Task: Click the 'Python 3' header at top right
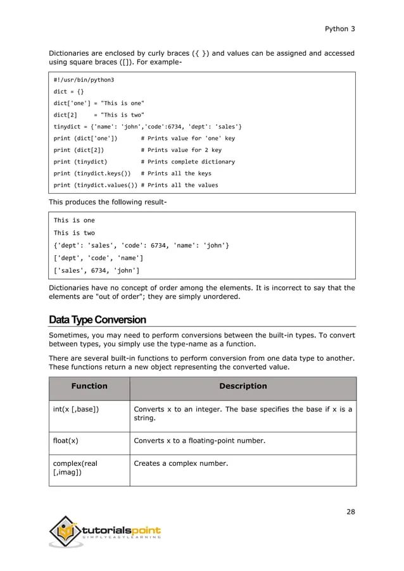[340, 29]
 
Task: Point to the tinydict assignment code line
[147, 126]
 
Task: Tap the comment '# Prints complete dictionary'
[187, 161]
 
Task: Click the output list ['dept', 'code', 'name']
[98, 258]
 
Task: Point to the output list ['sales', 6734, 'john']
[97, 270]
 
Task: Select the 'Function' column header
[89, 386]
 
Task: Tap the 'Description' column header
[243, 386]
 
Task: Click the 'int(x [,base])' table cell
[75, 409]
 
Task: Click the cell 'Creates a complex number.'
[180, 464]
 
